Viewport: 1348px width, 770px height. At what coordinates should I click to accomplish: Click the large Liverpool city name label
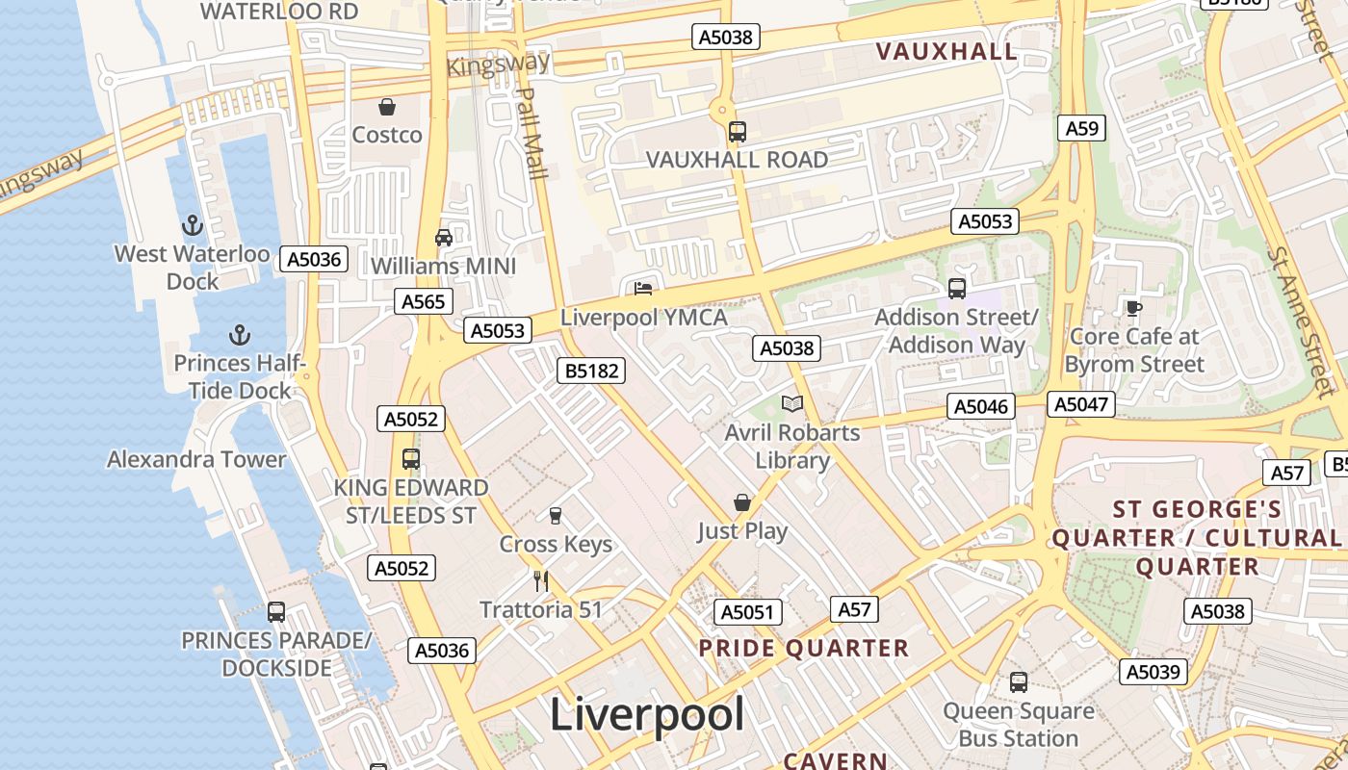[647, 715]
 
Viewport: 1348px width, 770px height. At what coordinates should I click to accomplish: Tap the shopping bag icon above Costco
[387, 106]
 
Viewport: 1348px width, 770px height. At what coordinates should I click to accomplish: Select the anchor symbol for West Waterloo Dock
[193, 225]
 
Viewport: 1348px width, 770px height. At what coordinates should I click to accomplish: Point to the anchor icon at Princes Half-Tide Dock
[239, 335]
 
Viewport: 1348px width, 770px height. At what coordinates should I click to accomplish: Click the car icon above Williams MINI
[443, 237]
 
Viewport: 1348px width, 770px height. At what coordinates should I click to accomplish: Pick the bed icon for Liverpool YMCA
[643, 288]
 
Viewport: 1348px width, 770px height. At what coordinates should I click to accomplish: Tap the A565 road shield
[423, 301]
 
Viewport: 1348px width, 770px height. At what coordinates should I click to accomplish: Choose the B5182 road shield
[591, 371]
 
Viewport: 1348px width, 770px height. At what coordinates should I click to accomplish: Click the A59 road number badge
[1080, 128]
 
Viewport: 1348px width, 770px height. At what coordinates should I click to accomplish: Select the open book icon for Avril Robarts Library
[791, 403]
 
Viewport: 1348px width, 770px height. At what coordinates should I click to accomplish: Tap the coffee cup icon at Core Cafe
[1134, 308]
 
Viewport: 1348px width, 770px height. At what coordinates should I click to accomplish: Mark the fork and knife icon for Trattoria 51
[541, 580]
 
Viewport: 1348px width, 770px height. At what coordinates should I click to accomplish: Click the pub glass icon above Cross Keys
[555, 516]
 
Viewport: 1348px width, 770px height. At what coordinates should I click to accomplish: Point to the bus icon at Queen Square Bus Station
[1019, 682]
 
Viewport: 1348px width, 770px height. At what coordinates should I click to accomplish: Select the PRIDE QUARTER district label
[803, 649]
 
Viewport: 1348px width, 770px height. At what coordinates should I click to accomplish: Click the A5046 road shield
[981, 406]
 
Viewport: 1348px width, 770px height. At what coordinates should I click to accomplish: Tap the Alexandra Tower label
[196, 459]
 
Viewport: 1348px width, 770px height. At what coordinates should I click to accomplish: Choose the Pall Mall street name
[531, 133]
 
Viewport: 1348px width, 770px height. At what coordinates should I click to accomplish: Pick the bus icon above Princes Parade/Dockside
[276, 611]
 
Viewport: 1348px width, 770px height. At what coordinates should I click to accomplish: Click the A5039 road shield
[1153, 672]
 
